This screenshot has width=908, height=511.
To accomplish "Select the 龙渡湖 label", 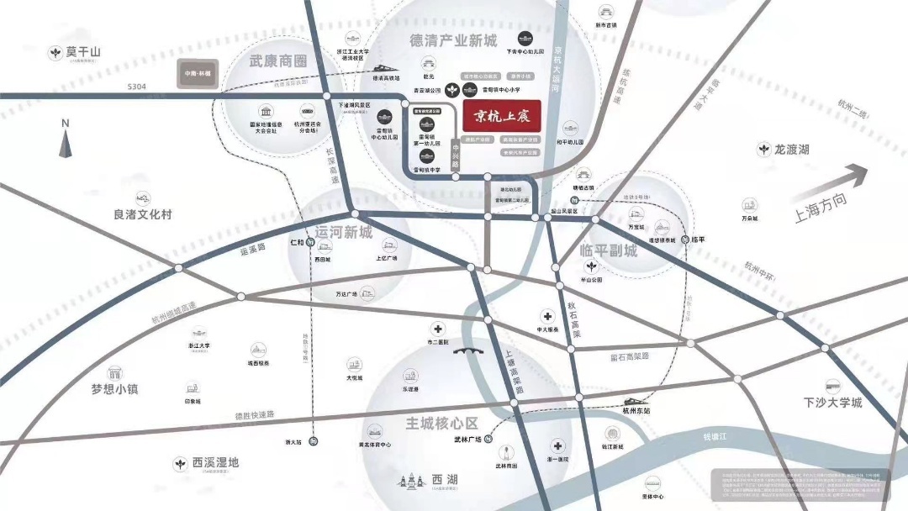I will coord(791,150).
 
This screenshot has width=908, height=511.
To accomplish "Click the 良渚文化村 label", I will coord(143,214).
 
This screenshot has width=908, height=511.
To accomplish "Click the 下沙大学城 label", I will coord(832,403).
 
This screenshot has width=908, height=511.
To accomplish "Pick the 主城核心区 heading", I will coord(441,423).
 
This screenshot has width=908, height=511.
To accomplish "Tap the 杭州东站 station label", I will coord(636,411).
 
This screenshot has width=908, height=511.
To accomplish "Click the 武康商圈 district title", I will coord(278,61).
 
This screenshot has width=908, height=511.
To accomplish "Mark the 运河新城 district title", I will coord(343,231).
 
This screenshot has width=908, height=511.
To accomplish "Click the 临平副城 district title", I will coord(609,250).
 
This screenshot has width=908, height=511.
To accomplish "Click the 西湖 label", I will coord(445,480).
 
